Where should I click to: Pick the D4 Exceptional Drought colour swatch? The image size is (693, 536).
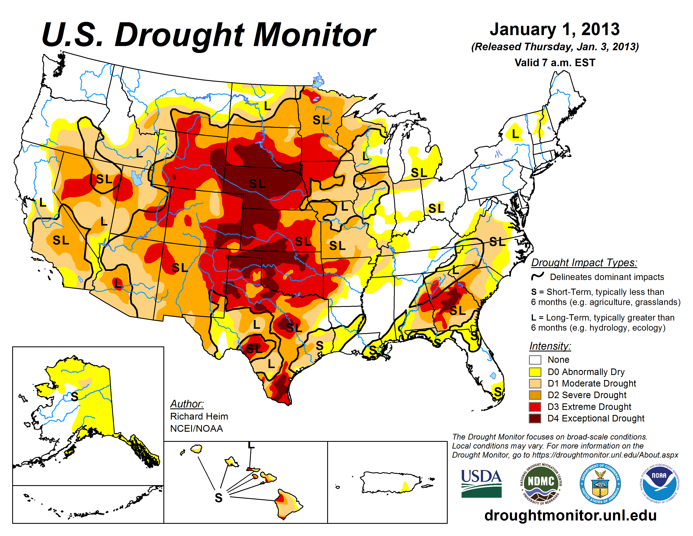535,419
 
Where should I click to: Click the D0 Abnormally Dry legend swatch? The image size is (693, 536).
535,372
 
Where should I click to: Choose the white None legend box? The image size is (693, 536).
535,360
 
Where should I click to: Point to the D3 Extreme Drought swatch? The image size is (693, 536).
535,407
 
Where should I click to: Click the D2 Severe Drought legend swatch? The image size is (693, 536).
535,395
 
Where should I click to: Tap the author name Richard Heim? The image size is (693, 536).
199,416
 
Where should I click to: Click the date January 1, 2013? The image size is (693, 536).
555,29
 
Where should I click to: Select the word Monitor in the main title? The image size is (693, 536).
314,35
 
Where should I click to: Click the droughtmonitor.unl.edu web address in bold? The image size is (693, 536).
570,515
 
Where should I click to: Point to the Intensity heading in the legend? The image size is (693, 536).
550,346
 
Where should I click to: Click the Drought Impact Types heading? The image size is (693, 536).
584,263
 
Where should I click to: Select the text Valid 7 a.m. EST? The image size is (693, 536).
555,63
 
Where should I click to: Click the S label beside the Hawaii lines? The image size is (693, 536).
218,498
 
